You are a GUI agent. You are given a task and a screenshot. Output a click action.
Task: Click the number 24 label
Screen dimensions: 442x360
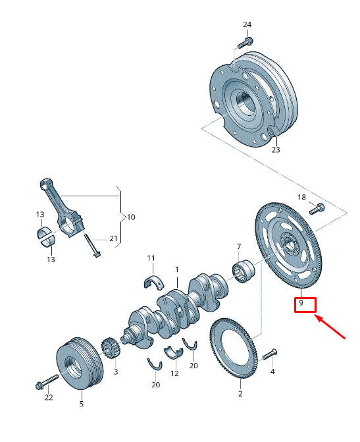coord(247,24)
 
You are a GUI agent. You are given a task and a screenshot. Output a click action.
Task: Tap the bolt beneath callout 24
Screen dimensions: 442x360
coord(244,42)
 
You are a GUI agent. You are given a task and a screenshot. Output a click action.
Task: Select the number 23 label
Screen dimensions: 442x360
coord(276,150)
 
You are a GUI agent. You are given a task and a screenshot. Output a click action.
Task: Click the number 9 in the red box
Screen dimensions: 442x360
coord(300,304)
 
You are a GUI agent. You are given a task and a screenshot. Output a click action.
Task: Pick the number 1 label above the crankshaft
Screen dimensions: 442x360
coord(176,269)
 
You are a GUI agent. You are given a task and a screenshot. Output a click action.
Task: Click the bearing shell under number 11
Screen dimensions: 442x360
coord(153,282)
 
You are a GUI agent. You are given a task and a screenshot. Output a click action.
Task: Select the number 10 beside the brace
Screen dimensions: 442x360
coord(131,216)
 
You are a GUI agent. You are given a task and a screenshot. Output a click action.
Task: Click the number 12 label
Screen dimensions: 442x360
coord(174,373)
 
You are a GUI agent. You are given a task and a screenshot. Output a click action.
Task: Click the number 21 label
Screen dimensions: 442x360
coord(113,238)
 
